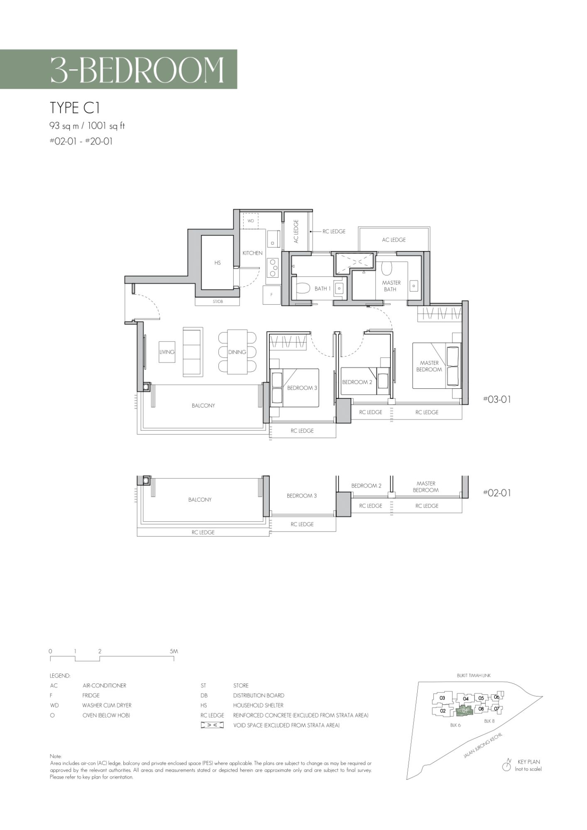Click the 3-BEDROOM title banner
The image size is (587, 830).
click(x=118, y=69)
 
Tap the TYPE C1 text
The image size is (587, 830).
click(x=75, y=108)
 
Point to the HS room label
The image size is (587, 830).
click(x=218, y=263)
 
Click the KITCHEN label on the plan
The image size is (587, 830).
click(x=252, y=253)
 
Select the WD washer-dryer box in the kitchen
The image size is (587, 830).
click(x=251, y=221)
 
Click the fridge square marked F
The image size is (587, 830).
click(x=271, y=295)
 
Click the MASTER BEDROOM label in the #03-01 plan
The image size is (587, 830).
click(x=429, y=366)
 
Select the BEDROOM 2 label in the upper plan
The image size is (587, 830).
click(x=357, y=382)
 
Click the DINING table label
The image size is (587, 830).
click(x=237, y=352)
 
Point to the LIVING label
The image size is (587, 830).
click(x=167, y=352)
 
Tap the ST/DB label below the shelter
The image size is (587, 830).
click(x=218, y=302)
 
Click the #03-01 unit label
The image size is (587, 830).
click(x=497, y=399)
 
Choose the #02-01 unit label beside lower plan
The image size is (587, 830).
click(x=497, y=493)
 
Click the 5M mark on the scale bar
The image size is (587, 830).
click(x=174, y=651)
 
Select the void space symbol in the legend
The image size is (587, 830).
click(x=212, y=725)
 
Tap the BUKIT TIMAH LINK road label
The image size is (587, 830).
click(x=474, y=675)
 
